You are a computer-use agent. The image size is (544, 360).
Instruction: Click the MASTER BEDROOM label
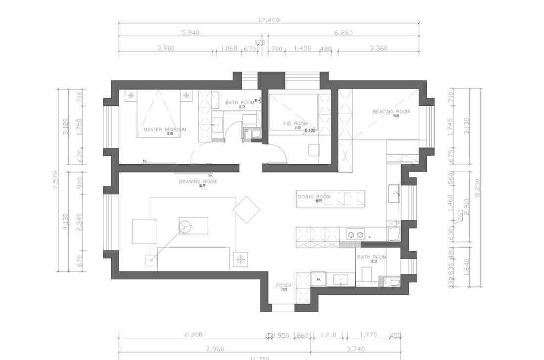point(165,130)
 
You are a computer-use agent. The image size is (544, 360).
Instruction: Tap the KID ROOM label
point(295,124)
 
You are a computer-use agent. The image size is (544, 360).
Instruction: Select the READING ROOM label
point(391,112)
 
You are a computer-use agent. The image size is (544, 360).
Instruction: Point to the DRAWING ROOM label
point(197,181)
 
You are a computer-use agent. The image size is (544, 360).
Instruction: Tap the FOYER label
point(283,285)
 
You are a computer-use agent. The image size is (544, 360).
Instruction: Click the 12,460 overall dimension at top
point(269,20)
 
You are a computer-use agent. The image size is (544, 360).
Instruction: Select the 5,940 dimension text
point(190,33)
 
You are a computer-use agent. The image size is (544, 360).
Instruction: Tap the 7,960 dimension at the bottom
point(214,349)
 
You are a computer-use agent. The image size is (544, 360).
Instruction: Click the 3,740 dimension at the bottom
point(356,349)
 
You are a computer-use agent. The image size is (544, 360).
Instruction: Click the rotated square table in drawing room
point(246,210)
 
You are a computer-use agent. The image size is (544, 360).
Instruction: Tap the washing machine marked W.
point(318,279)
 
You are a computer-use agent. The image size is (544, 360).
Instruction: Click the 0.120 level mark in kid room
point(310,131)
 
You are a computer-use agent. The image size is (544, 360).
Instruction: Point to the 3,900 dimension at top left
point(166,48)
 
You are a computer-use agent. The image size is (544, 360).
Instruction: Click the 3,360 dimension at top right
point(378,48)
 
